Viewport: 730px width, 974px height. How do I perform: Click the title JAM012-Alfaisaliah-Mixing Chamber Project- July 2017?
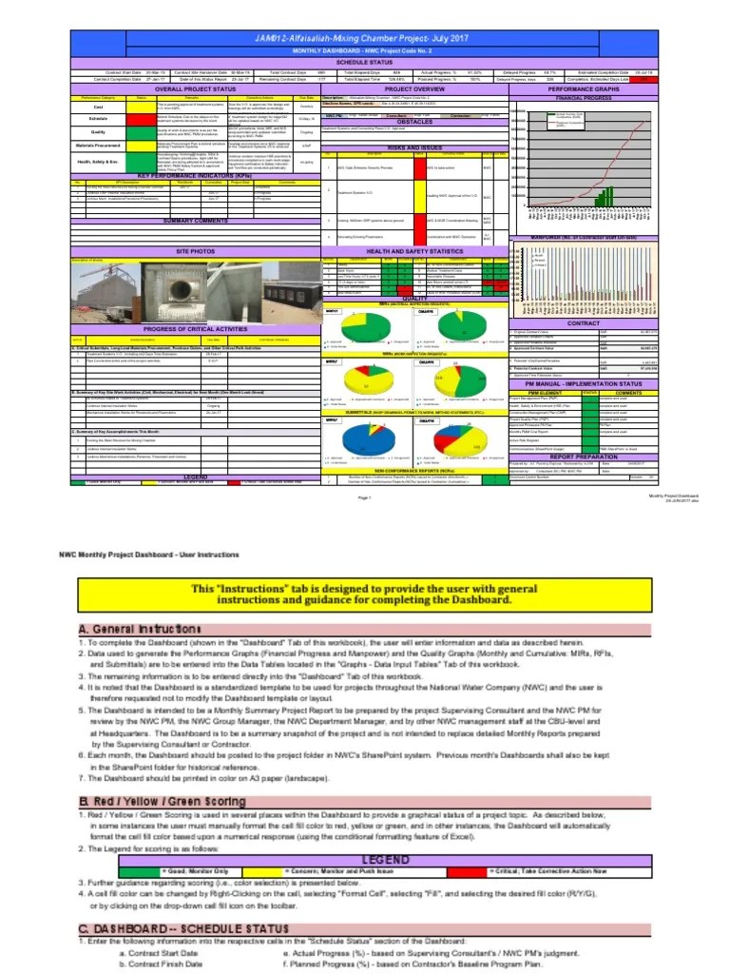coord(365,37)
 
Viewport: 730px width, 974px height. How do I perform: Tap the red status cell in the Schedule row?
coord(142,119)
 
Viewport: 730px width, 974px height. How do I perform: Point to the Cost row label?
coord(98,107)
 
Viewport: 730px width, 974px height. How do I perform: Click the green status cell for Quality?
coord(142,131)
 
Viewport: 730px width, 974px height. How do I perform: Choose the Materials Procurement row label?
coord(98,145)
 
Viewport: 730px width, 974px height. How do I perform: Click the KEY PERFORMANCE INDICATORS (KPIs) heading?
coord(194,176)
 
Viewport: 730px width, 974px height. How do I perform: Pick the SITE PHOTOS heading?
coord(194,250)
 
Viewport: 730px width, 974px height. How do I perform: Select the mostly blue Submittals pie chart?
coord(359,438)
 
